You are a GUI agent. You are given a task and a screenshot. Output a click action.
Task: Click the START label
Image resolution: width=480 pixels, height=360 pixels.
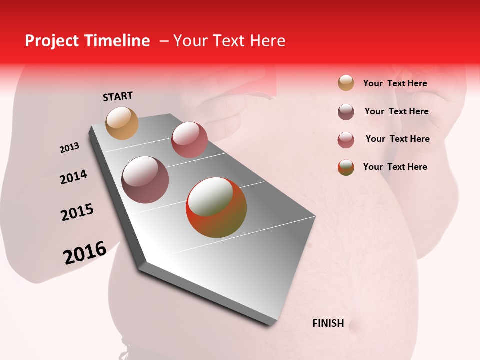click(x=118, y=96)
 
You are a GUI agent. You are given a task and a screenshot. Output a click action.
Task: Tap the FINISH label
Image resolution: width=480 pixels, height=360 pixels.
click(x=328, y=323)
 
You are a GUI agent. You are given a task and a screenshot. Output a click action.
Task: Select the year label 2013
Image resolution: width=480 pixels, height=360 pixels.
click(x=69, y=148)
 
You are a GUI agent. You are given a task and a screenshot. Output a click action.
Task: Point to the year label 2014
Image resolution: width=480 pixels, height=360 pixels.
click(x=73, y=177)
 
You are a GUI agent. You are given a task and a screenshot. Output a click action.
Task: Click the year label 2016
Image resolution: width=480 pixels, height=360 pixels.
click(x=85, y=253)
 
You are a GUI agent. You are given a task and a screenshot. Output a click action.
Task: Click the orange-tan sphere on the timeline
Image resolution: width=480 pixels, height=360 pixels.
click(x=122, y=123)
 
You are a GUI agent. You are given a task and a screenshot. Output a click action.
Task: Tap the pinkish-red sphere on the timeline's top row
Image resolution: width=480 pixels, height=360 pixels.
click(x=189, y=140)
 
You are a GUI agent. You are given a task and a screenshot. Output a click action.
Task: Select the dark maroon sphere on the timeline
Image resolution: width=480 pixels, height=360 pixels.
click(x=145, y=180)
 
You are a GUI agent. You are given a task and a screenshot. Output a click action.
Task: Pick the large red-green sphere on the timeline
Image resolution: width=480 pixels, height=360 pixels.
click(x=216, y=207)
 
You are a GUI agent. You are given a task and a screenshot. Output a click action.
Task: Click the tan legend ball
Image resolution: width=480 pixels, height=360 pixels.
click(x=346, y=83)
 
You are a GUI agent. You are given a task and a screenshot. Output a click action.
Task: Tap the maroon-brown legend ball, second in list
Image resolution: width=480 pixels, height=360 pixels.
click(x=346, y=112)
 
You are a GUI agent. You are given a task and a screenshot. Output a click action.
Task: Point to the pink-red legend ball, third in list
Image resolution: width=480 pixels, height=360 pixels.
click(x=346, y=140)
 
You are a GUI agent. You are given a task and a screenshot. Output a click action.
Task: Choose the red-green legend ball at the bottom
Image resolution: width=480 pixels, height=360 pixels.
click(x=346, y=167)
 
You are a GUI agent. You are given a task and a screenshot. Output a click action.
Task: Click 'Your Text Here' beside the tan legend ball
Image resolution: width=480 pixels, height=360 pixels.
click(x=395, y=83)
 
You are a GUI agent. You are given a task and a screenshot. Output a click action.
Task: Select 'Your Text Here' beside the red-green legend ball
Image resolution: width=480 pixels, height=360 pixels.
click(x=395, y=167)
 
